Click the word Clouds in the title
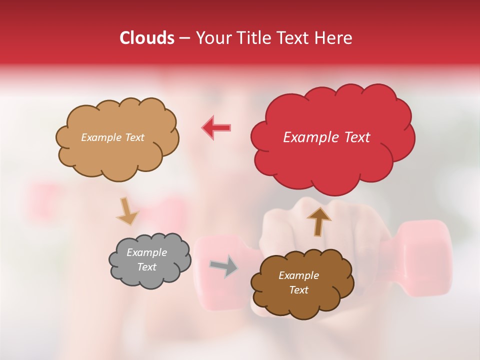(147, 38)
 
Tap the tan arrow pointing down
(127, 210)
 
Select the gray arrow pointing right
(223, 266)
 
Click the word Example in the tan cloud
(100, 137)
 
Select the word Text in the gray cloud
(146, 267)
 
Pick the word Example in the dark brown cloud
(298, 275)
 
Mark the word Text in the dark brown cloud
(298, 290)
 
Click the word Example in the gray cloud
(146, 252)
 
